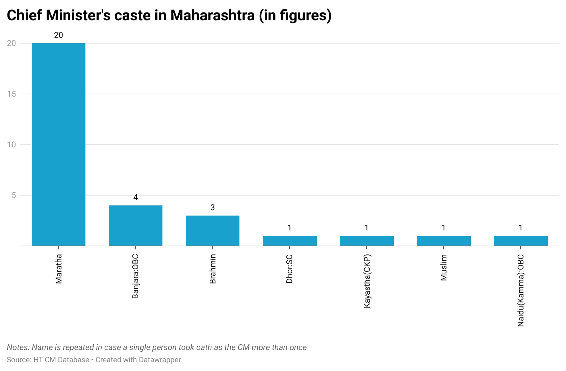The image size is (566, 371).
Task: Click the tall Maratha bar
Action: pos(58,144)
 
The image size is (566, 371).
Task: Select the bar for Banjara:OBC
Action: pos(135,226)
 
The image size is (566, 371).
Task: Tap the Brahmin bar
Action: pos(212,231)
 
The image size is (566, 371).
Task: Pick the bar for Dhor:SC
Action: pos(289,241)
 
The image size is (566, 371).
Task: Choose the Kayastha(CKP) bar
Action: pos(367,241)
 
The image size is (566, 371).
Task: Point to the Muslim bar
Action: pos(444,241)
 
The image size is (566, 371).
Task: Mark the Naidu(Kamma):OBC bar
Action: pos(521,241)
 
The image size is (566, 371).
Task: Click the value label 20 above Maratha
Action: pos(58,35)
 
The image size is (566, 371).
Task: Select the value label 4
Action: pos(135,197)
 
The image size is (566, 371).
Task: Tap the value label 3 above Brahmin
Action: pos(212,207)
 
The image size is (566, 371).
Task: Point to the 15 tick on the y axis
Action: pos(11,94)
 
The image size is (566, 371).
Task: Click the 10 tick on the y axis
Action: pos(11,145)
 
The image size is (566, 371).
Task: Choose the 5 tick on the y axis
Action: pos(14,195)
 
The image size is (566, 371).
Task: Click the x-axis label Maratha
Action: pos(59,269)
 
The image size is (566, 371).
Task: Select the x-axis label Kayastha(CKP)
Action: pos(367,281)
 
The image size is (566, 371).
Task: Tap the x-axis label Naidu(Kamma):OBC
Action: pos(521,291)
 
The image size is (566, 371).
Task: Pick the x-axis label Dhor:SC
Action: pos(289,269)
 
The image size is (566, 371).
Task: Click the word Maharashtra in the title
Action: pos(212,15)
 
